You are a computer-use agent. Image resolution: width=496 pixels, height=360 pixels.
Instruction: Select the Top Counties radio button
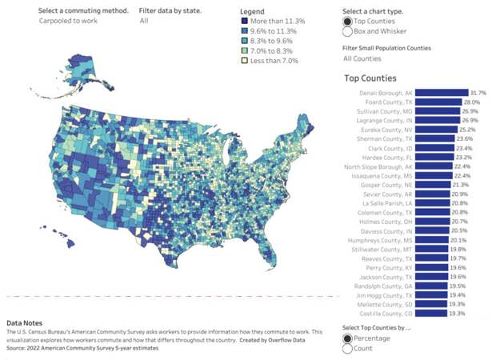coord(348,21)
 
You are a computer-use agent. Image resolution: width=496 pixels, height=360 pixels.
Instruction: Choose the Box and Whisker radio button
coord(348,32)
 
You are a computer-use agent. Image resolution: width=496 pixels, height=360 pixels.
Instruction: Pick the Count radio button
coord(348,348)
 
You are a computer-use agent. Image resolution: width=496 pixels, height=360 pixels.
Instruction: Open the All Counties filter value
coord(362,58)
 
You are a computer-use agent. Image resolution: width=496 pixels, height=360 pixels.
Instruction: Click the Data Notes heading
coord(26,322)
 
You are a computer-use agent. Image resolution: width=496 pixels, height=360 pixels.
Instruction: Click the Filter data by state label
coord(170,10)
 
